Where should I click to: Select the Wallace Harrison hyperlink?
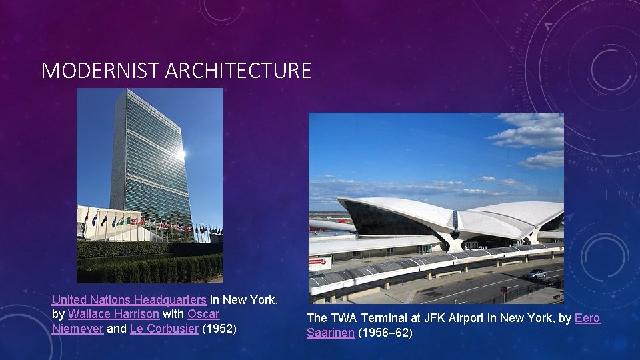point(113,314)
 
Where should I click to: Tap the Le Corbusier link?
point(164,328)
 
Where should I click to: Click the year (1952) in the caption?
point(220,328)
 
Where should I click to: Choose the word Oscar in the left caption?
point(203,314)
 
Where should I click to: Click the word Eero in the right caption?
point(587,319)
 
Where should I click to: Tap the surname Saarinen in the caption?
point(331,333)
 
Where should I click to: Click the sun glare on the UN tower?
point(179,154)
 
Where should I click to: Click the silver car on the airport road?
point(535,273)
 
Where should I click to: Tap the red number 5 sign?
point(320,263)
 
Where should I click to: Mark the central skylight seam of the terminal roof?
point(456,218)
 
